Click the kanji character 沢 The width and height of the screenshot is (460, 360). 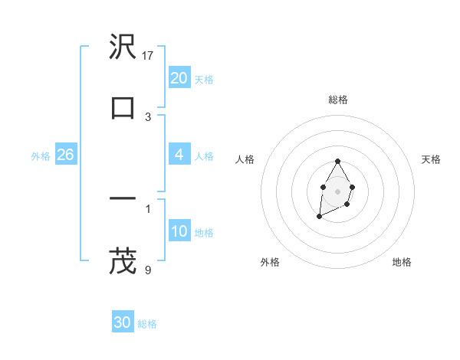123,48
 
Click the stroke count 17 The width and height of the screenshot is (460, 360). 149,56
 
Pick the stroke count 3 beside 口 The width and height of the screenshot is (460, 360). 148,116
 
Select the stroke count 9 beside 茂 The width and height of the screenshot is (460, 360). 148,269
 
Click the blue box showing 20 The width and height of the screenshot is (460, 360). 179,78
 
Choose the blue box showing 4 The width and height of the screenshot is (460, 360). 179,155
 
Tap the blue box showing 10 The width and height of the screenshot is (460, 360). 179,231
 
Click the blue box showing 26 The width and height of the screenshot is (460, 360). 65,155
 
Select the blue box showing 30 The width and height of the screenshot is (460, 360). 123,322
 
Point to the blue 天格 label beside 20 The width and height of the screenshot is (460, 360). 204,80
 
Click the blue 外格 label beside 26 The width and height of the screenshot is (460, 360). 41,156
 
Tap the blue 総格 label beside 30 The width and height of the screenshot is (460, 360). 147,324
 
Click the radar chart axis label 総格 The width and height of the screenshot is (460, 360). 337,100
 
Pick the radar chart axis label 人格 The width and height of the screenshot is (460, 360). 245,159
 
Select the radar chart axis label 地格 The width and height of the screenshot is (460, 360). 402,262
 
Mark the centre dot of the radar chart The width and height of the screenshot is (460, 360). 337,191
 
